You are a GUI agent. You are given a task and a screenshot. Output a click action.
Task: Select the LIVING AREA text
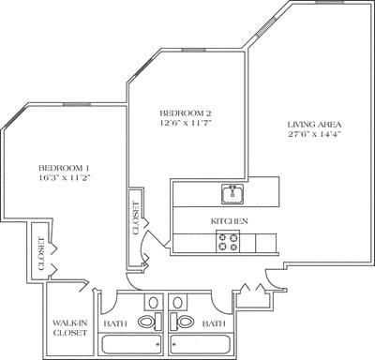(315, 124)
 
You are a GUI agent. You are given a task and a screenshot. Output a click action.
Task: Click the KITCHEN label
(229, 220)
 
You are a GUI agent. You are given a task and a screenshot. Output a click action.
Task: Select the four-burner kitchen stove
(229, 243)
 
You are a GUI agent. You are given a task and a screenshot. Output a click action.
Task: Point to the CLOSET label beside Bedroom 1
(42, 251)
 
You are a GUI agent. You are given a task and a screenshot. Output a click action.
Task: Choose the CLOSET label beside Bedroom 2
(136, 217)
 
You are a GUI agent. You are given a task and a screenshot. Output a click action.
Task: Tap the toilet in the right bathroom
(186, 322)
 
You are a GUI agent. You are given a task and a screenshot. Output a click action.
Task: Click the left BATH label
(116, 324)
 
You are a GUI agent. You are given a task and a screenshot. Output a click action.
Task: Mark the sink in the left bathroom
(152, 302)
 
